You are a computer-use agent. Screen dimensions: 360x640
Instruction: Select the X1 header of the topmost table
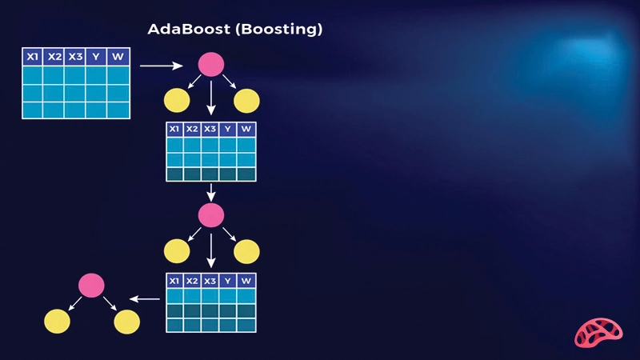click(33, 57)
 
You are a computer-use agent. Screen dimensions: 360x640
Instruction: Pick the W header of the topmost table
click(118, 57)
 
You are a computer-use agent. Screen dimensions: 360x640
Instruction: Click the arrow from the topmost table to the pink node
click(164, 66)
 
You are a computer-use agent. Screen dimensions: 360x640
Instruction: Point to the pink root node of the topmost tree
click(210, 65)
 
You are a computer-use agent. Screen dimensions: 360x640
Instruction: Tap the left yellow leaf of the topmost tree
click(177, 101)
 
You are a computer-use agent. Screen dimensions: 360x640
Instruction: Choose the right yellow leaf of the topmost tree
click(246, 101)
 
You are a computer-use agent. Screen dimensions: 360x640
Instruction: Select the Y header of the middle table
click(228, 129)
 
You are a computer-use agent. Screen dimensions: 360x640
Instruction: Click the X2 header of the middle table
click(192, 129)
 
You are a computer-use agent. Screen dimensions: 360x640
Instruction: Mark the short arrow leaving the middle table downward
click(210, 192)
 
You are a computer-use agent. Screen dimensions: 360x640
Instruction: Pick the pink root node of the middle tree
click(210, 214)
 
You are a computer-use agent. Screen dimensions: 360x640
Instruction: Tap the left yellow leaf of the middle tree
click(177, 251)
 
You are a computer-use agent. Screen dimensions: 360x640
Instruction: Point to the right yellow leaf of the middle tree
click(246, 251)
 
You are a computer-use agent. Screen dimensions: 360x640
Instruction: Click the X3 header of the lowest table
click(210, 281)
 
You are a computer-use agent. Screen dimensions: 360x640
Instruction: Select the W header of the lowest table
click(246, 281)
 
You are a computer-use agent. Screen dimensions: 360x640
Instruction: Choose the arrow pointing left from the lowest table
click(145, 299)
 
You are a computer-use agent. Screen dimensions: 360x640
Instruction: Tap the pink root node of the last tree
click(92, 285)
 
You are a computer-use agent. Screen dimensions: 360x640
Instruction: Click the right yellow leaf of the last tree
click(126, 322)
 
